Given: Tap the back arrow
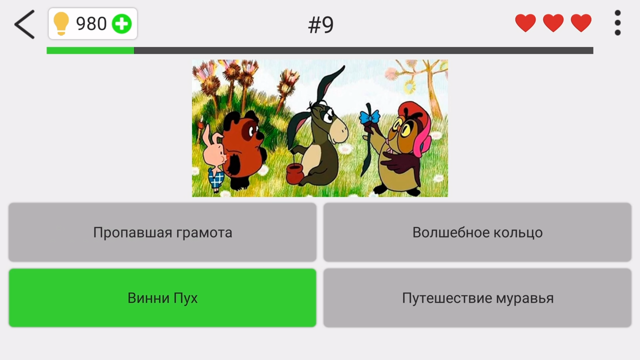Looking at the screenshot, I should click(x=24, y=24).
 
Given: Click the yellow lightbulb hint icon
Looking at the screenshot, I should click(x=61, y=23).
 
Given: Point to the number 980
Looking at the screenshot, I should click(x=91, y=23).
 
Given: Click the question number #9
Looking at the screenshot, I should click(x=320, y=25).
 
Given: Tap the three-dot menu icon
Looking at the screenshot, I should click(x=617, y=23).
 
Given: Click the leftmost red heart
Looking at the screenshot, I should click(x=525, y=23).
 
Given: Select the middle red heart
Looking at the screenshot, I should click(x=553, y=23).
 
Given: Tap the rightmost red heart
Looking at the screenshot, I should click(x=581, y=23).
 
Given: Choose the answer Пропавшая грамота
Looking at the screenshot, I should click(x=162, y=232).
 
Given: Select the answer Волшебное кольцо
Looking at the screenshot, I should click(x=477, y=232).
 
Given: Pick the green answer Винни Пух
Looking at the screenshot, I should click(x=162, y=298).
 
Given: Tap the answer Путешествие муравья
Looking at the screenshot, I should click(x=477, y=298).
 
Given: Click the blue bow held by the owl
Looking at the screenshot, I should click(x=369, y=117).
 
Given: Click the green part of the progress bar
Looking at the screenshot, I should click(x=90, y=50).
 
